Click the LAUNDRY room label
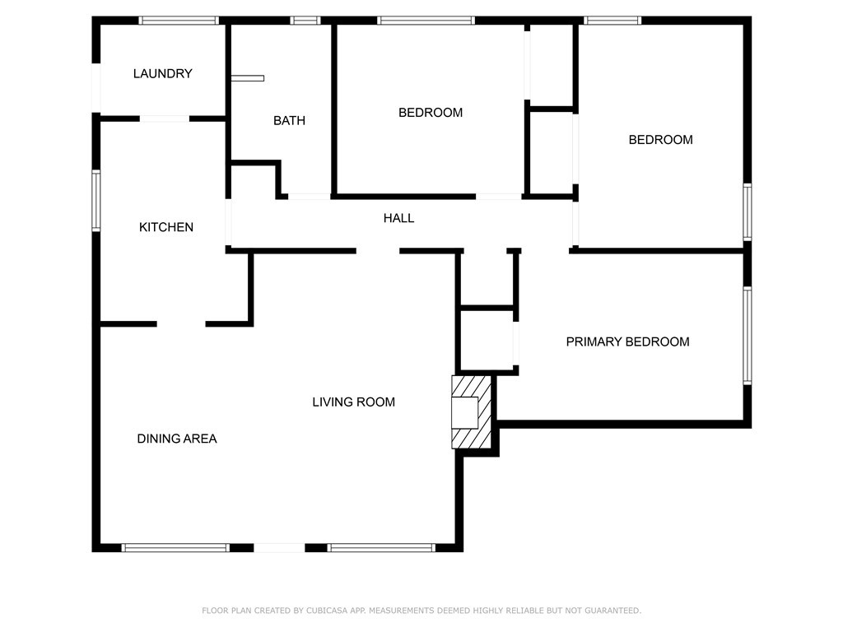[x=162, y=73]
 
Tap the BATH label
[x=289, y=120]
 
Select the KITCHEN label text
[x=166, y=227]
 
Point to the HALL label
[x=399, y=218]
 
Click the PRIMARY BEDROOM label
[x=627, y=342]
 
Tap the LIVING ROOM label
[x=354, y=402]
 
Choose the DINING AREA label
[x=177, y=439]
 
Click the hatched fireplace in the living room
[x=472, y=412]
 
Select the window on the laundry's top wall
[x=179, y=21]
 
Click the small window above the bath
[x=305, y=21]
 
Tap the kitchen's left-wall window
[x=96, y=201]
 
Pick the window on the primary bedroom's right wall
[x=748, y=336]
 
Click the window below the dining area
[x=175, y=547]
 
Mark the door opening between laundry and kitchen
[x=165, y=118]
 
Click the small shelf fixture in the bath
[x=247, y=78]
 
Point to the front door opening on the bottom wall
[x=279, y=547]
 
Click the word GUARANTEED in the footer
[x=612, y=611]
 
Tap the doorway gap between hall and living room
[x=378, y=251]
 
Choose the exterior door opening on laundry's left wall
[x=96, y=88]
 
